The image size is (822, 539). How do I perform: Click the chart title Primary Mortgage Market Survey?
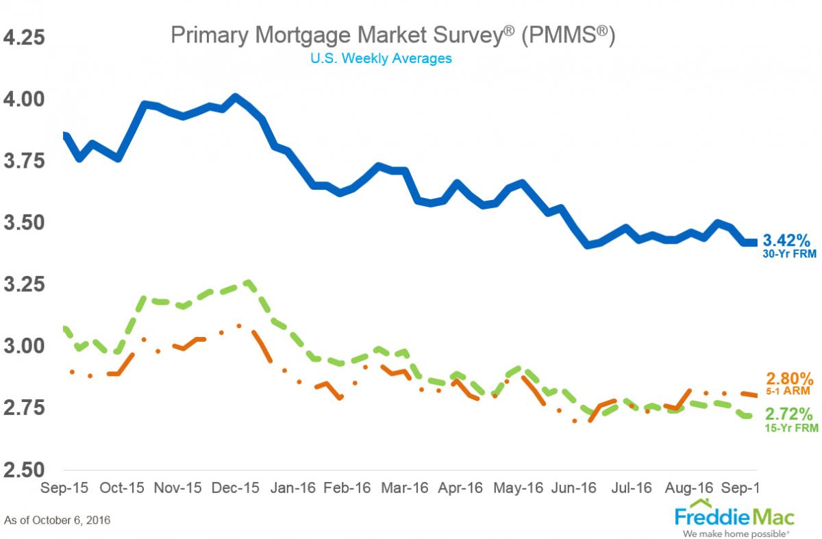point(393,36)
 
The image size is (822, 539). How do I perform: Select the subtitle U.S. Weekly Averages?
point(381,58)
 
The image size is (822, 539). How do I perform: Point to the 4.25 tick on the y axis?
point(24,36)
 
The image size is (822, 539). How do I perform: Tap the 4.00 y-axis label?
point(24,99)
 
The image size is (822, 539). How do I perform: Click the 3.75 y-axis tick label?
point(24,160)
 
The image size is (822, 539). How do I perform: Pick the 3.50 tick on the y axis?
point(24,223)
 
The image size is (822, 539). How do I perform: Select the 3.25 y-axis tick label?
point(24,284)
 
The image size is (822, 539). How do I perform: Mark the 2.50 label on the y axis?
point(24,470)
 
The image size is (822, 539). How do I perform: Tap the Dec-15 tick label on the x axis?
point(236,488)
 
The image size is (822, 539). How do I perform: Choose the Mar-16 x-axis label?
point(404,488)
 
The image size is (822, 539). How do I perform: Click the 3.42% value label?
point(788,240)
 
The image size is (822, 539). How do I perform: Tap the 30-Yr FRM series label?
point(788,253)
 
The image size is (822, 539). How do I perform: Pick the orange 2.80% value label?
point(790,379)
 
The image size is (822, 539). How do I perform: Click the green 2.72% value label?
point(790,414)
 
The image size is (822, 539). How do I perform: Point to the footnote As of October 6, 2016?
point(58,521)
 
